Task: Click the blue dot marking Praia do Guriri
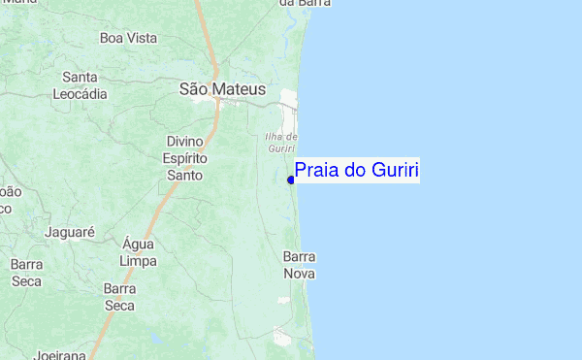tap(291, 180)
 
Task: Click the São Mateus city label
tap(222, 89)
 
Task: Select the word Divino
tap(184, 142)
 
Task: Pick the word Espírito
tap(184, 158)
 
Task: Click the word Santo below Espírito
tap(184, 176)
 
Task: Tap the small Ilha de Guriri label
tap(280, 142)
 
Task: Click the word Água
tap(138, 245)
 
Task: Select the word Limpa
tap(138, 262)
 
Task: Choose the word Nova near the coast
tap(300, 275)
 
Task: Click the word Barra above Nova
tap(300, 257)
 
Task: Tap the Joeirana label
tap(60, 355)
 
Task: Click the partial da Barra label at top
tap(300, 4)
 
